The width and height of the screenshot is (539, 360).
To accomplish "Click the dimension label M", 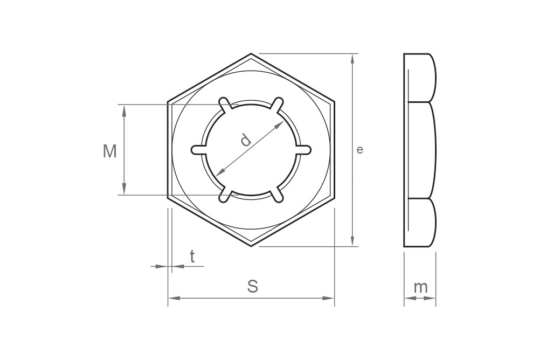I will click(x=110, y=151).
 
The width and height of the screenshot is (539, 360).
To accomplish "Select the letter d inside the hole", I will click(x=246, y=140).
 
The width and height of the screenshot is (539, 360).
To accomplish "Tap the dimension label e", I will click(x=360, y=150).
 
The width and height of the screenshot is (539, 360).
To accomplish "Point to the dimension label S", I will click(x=252, y=287).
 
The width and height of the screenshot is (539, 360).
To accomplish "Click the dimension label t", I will click(x=192, y=257).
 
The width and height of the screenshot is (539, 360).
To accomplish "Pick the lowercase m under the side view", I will click(x=420, y=287).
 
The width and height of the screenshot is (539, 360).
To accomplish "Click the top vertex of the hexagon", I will click(x=251, y=54).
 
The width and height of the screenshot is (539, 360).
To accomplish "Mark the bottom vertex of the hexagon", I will click(x=251, y=246).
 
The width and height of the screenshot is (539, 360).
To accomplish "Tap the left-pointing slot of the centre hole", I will click(x=197, y=150).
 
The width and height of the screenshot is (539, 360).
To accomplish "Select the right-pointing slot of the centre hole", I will click(x=305, y=150).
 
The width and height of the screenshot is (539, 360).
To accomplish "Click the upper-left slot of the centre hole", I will click(x=225, y=103).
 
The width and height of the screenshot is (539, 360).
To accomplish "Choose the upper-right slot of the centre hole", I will click(x=277, y=103).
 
